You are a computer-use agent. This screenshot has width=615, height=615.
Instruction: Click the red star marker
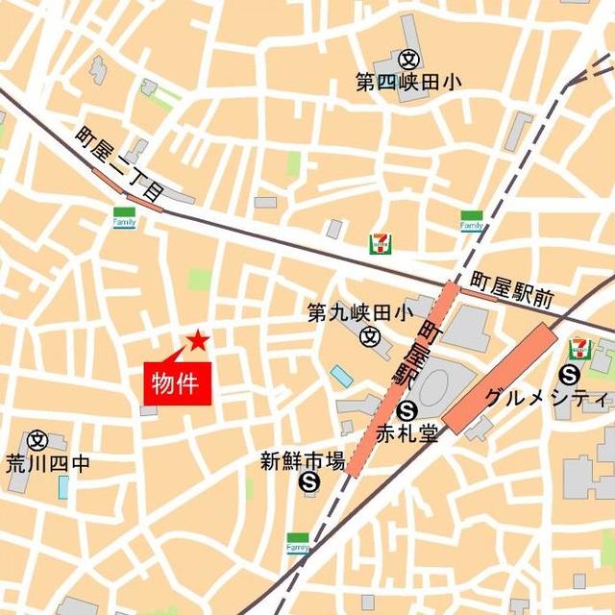pyautogui.click(x=198, y=339)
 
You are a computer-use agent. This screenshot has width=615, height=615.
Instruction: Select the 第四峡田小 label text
pyautogui.click(x=407, y=83)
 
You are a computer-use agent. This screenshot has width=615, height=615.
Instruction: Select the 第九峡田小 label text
pyautogui.click(x=359, y=312)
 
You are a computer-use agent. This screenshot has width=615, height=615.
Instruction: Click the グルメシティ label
pyautogui.click(x=547, y=398)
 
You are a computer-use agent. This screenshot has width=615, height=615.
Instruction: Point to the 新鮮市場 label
pyautogui.click(x=302, y=461)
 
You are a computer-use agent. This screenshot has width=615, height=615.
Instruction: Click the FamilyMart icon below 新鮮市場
pyautogui.click(x=297, y=543)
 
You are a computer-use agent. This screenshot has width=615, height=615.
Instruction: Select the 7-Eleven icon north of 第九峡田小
pyautogui.click(x=380, y=244)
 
